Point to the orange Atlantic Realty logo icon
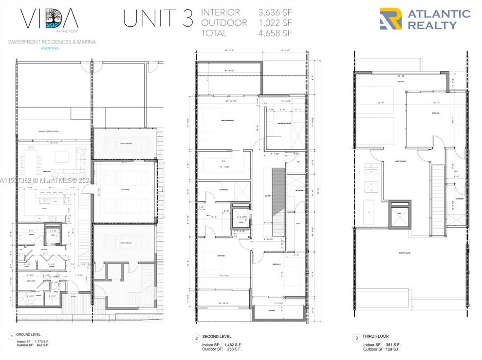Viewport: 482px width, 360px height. click(x=390, y=18)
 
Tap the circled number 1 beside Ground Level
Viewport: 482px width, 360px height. click(x=12, y=336)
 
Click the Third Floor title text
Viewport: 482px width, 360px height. click(x=376, y=336)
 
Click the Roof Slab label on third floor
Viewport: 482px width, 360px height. click(x=406, y=253)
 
